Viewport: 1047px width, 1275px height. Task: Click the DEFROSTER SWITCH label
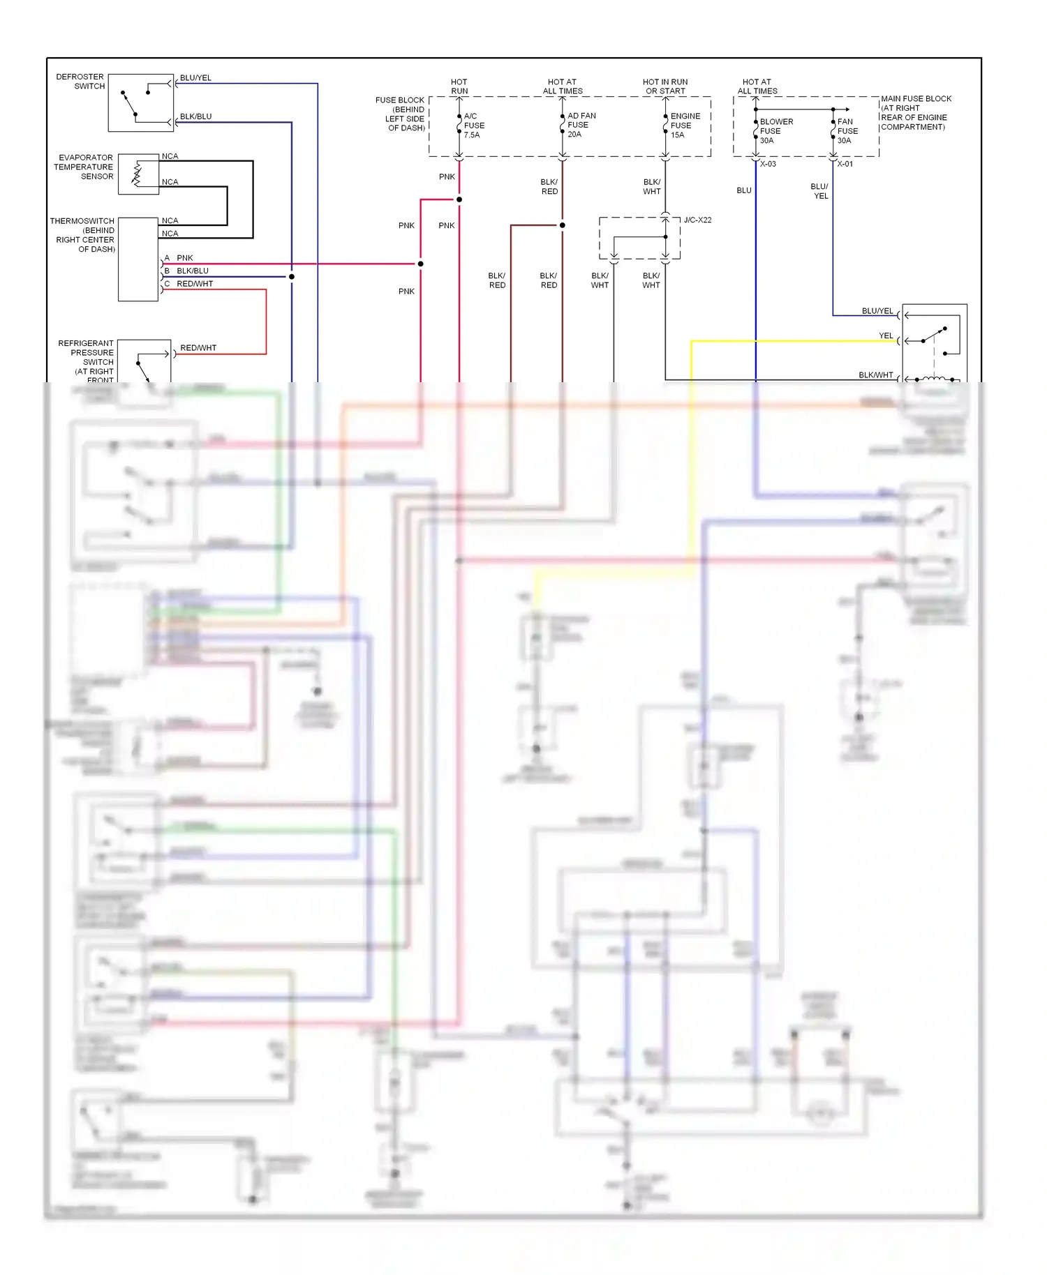(80, 82)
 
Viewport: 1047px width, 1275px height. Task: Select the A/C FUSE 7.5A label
(474, 126)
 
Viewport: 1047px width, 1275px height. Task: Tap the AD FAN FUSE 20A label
(581, 125)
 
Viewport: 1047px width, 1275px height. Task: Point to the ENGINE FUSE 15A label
(684, 126)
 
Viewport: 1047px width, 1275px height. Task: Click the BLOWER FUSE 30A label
(775, 131)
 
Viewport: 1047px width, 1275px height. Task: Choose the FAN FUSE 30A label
(847, 131)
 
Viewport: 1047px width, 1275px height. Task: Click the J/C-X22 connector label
(697, 220)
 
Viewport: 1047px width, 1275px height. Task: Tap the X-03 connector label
(768, 164)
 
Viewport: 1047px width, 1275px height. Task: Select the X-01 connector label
(845, 164)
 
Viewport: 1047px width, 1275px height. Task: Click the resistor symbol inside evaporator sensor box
(137, 174)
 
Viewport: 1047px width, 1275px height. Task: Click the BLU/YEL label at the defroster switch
(195, 77)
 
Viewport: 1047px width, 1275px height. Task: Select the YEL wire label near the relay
(885, 335)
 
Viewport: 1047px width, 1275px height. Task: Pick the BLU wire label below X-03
(744, 190)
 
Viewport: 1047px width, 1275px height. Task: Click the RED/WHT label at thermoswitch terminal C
(195, 284)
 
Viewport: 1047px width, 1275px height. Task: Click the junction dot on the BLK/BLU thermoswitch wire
(292, 277)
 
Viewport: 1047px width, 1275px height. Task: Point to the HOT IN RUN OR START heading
(665, 86)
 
